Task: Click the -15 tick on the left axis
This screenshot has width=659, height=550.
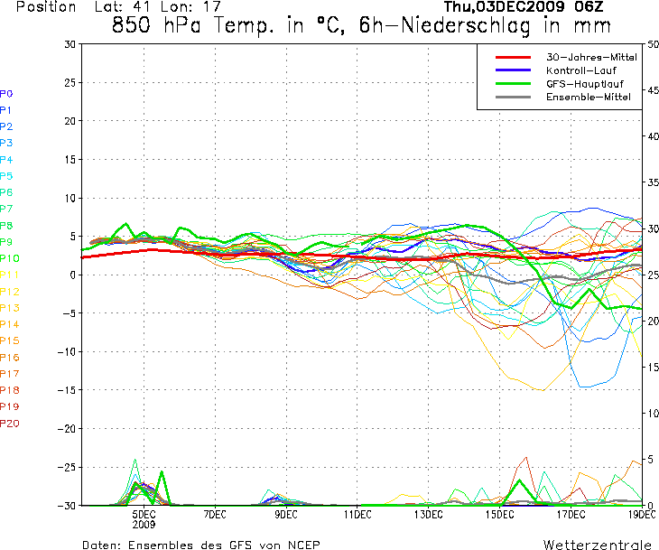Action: (67, 390)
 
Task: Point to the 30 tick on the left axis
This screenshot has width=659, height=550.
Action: (70, 43)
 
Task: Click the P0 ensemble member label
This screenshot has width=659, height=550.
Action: (6, 93)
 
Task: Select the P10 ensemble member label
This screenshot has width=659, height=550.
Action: (10, 258)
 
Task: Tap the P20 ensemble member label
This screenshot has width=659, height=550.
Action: (10, 423)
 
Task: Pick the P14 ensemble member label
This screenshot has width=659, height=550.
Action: (10, 324)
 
